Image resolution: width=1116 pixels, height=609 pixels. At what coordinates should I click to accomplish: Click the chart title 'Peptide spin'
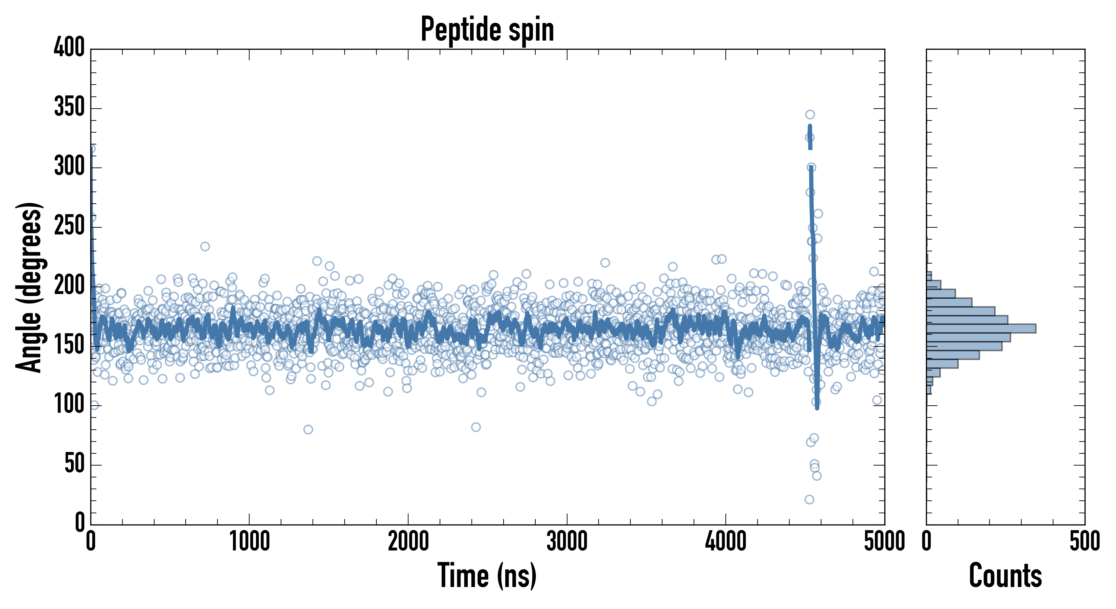tap(487, 29)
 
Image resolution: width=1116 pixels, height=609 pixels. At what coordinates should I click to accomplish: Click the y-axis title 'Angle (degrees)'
tap(29, 287)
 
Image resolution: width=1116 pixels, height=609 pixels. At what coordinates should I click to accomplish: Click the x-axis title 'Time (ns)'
tap(487, 575)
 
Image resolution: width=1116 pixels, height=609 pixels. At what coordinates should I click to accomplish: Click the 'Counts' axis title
tap(1005, 575)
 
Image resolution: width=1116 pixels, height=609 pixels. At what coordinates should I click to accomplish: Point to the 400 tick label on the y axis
tap(69, 47)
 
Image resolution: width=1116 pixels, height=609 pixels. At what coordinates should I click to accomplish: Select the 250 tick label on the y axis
tap(69, 226)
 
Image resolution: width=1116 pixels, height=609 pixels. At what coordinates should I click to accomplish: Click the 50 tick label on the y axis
tap(74, 464)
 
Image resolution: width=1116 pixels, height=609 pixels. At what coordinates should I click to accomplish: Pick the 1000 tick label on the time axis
tap(250, 542)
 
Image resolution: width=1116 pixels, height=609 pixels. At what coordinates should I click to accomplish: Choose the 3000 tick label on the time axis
tap(567, 542)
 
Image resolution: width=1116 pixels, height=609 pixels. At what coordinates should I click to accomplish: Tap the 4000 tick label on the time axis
tap(726, 542)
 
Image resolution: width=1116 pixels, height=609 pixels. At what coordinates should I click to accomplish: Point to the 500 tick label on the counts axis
tap(1084, 542)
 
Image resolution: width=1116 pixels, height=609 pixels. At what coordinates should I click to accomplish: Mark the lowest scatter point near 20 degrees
tap(809, 499)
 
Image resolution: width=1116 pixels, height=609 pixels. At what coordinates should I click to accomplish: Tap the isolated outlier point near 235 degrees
tap(205, 247)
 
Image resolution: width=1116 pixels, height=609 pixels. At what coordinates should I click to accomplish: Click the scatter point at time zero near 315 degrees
tap(91, 149)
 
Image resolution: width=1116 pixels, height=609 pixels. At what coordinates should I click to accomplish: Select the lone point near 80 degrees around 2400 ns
tap(476, 427)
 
